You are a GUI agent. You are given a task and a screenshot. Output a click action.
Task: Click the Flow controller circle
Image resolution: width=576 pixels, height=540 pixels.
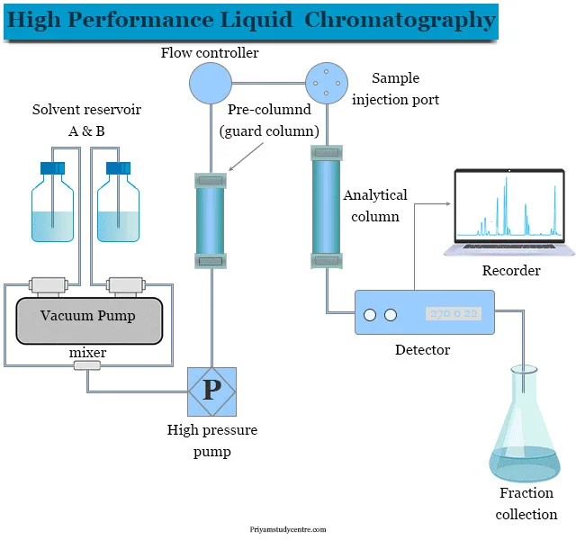pos(210,84)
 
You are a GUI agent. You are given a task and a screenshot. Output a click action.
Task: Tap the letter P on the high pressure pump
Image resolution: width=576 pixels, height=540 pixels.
pos(211,390)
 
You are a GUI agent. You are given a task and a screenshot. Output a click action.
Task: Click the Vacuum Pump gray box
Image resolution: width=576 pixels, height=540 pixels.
pos(88,319)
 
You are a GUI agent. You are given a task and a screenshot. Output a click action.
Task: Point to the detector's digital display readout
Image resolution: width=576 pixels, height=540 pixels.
pos(454,314)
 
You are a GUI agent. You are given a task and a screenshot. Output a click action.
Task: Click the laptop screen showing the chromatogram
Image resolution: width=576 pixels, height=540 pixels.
pos(508,206)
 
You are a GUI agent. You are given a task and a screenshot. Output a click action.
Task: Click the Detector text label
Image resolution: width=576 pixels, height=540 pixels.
pos(423,349)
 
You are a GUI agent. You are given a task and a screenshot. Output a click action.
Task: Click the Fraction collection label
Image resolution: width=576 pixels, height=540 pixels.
pos(526,503)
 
